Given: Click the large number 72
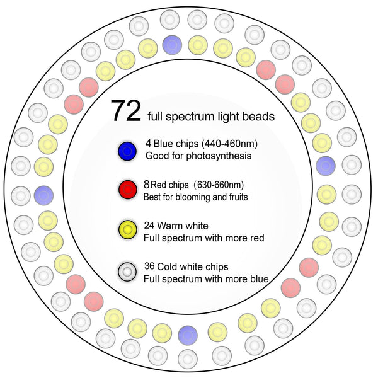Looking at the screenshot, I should click(x=125, y=110).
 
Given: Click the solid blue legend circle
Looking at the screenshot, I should click(x=127, y=151).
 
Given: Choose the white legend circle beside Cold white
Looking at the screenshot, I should click(x=127, y=272).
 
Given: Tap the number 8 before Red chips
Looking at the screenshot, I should click(x=147, y=185).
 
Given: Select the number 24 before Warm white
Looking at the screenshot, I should click(x=149, y=224).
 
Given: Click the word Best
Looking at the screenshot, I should click(x=153, y=197).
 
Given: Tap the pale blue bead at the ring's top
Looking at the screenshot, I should click(x=172, y=44).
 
